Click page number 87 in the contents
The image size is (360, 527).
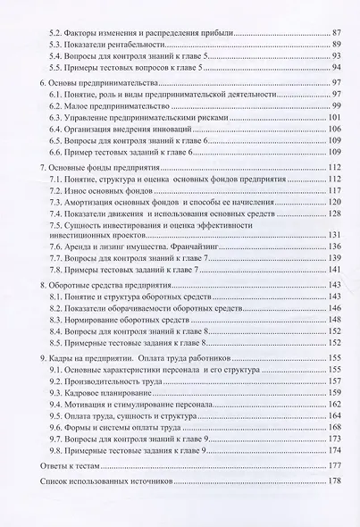pyautogui.click(x=336, y=31)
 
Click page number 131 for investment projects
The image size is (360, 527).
pyautogui.click(x=335, y=234)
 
